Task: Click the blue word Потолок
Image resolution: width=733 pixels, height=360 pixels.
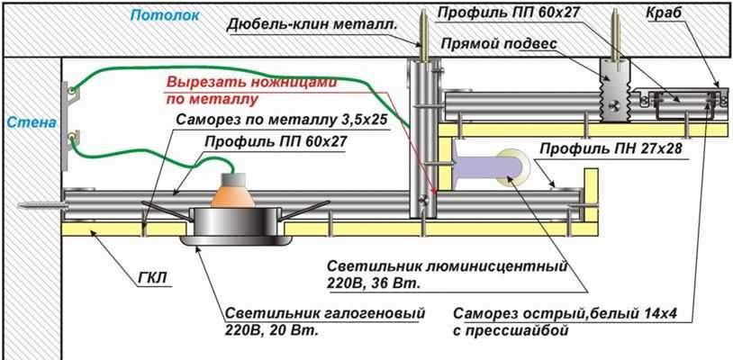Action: (x=159, y=15)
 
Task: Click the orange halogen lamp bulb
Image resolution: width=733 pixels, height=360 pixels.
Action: (x=233, y=191)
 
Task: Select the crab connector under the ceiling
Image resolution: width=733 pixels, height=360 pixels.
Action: (x=680, y=102)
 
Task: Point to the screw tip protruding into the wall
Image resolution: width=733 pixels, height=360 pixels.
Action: (x=32, y=204)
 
